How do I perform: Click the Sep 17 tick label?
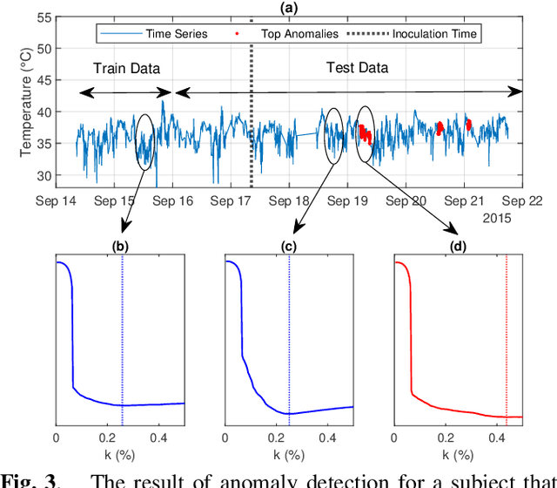click(x=232, y=201)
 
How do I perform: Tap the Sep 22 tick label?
click(x=522, y=201)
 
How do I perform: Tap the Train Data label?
click(x=128, y=67)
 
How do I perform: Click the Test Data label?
click(x=358, y=67)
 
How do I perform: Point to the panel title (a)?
click(x=286, y=7)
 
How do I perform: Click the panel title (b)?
click(x=120, y=245)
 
